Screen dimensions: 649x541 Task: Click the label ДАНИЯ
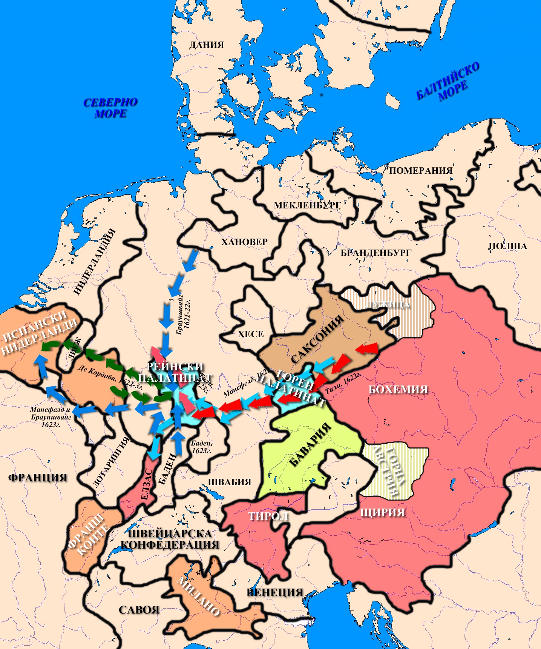(207, 45)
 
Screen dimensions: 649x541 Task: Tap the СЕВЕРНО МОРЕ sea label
(110, 108)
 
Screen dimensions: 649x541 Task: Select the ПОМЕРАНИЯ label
(420, 171)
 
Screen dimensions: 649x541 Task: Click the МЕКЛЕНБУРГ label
(307, 205)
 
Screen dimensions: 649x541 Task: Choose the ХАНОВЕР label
(244, 242)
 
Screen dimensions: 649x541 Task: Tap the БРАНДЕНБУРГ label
(375, 253)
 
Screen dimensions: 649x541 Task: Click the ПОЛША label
(507, 246)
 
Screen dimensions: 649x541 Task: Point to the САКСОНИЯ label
(317, 339)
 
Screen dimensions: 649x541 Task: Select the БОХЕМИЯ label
(398, 389)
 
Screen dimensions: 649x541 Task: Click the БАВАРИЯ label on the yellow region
(310, 445)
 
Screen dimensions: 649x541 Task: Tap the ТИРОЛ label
(268, 516)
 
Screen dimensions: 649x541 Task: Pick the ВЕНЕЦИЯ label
(275, 592)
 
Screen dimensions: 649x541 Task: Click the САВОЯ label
(139, 610)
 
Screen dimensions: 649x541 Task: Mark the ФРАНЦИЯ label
(37, 478)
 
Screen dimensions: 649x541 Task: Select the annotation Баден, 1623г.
(201, 447)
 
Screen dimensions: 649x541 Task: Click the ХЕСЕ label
(251, 334)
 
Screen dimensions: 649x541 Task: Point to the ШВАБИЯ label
(230, 482)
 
